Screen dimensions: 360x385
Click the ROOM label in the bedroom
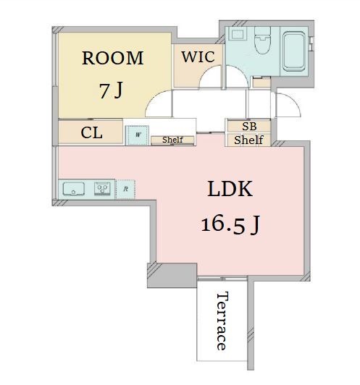[113, 58]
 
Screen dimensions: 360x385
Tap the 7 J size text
[111, 90]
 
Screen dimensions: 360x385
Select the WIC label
[198, 56]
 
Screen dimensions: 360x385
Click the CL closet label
[91, 133]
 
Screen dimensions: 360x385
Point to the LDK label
[230, 189]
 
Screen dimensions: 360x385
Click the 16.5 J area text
[230, 224]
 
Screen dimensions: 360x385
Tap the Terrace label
[222, 321]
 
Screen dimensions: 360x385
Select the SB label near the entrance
[249, 126]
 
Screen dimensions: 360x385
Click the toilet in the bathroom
[262, 40]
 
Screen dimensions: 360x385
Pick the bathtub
[293, 51]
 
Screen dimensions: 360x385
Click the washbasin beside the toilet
[238, 33]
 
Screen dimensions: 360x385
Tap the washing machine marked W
[138, 135]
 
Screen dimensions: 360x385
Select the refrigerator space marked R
[125, 189]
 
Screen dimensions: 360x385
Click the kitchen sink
[74, 189]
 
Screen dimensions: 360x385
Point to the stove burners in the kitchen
[102, 189]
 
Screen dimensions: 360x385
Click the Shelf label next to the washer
[172, 140]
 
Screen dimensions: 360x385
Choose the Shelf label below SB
[248, 140]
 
